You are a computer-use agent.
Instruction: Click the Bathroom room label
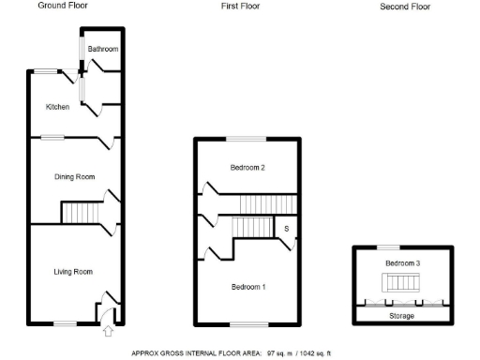coord(102,49)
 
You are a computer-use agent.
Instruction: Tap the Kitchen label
coord(58,107)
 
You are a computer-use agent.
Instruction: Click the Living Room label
coord(72,272)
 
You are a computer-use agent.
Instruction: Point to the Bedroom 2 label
coord(248,168)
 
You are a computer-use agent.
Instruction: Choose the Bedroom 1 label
coord(248,286)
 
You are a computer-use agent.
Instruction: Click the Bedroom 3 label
coord(402,263)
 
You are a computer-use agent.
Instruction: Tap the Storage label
coord(402,316)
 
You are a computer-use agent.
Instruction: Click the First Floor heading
coord(241,7)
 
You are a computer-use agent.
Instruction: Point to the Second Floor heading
coord(405,7)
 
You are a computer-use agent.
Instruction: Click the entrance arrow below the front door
coord(107,330)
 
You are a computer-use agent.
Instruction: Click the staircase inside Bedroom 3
coord(401,284)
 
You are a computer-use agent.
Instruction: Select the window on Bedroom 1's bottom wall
coord(248,323)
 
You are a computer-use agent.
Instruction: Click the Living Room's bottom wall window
coord(64,323)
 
